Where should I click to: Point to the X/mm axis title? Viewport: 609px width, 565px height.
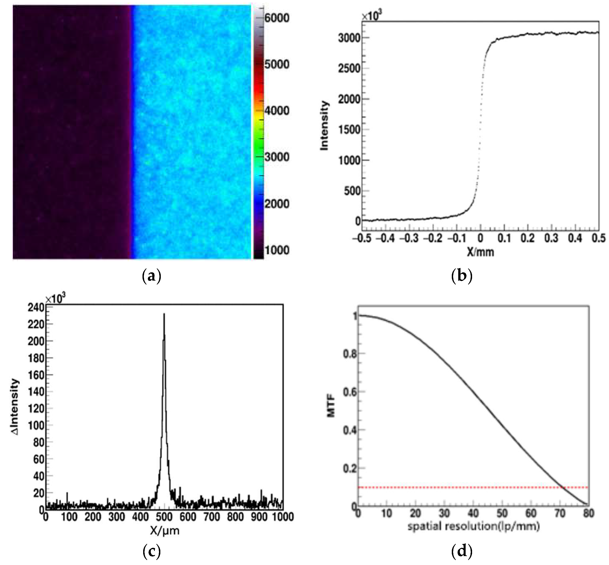(480, 252)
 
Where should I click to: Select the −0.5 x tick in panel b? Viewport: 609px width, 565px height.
(362, 238)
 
